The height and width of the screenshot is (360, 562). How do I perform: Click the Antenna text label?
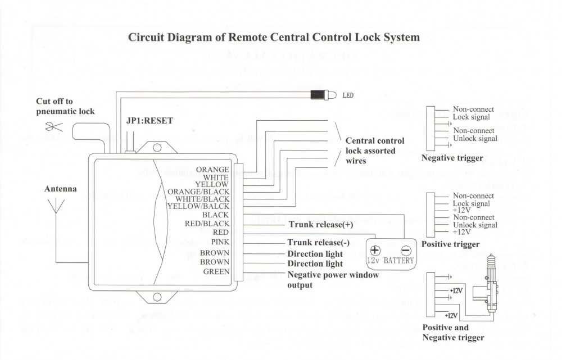60,189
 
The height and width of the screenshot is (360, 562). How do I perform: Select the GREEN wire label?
216,272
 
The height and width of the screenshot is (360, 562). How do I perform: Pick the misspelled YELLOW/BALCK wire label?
198,206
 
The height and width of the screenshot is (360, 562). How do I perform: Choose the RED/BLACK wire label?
207,224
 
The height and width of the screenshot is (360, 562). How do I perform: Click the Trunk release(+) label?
321,225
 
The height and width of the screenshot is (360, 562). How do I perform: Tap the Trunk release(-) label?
318,243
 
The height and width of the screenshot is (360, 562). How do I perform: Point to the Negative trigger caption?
452,158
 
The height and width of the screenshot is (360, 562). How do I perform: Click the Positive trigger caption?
450,244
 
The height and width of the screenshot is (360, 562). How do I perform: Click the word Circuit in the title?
148,38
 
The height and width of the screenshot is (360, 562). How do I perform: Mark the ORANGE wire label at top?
212,170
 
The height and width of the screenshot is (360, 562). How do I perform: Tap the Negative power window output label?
333,280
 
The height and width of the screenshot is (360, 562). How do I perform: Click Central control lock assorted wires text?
374,151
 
